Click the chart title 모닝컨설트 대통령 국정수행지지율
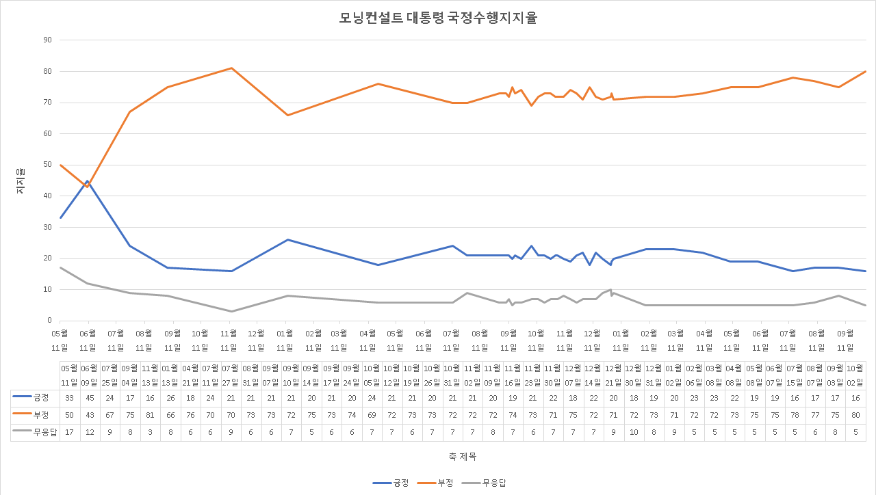(x=438, y=18)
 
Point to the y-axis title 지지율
(x=21, y=180)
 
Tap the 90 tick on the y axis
(x=47, y=40)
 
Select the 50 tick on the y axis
(x=47, y=165)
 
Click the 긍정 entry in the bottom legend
(x=392, y=483)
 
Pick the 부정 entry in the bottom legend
(x=438, y=483)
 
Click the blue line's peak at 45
(x=88, y=181)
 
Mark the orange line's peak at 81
(x=231, y=68)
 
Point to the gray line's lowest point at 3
(x=231, y=312)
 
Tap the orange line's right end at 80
(x=866, y=71)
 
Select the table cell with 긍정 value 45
(x=90, y=399)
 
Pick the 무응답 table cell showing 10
(x=634, y=432)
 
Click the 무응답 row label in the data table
(x=36, y=432)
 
